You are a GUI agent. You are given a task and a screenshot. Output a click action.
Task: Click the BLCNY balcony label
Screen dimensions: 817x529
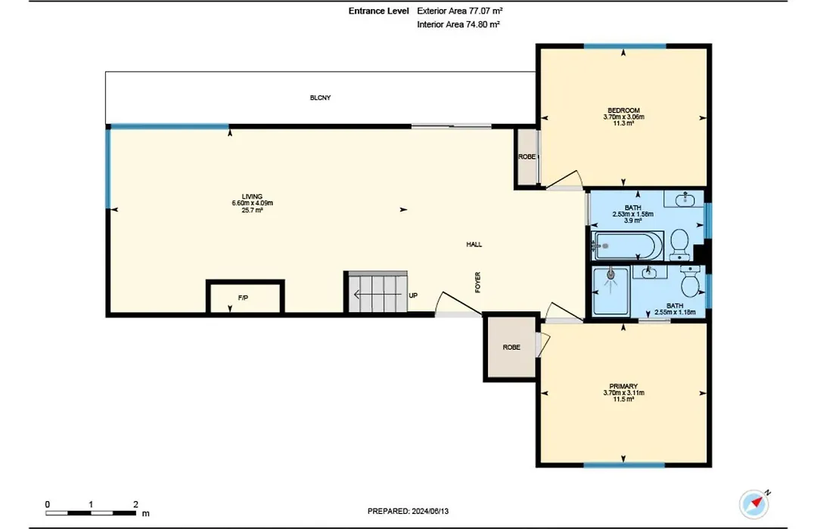coord(320,97)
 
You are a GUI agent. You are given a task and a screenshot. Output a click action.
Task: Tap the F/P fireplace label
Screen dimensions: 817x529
coord(243,298)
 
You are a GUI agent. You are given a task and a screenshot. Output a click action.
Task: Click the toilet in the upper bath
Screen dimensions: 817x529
coord(679,244)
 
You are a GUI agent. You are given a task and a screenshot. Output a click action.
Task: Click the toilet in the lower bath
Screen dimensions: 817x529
coord(691,281)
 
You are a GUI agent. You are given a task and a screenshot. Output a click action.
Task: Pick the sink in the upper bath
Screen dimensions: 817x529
coord(684,199)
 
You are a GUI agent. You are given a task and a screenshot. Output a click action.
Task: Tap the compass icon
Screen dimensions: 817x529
coord(754,503)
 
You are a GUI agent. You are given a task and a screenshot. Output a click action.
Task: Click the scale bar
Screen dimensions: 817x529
coord(91,513)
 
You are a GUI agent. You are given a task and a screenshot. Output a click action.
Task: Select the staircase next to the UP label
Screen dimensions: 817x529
coord(376,292)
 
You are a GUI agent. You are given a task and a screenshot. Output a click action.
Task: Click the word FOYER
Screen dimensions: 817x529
coord(478,282)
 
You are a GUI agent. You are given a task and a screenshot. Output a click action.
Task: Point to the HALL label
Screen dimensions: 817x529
coord(474,244)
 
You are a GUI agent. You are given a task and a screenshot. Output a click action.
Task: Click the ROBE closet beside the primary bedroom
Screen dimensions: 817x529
coord(511,347)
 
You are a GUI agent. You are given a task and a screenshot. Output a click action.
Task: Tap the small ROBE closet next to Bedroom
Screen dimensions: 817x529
coord(527,156)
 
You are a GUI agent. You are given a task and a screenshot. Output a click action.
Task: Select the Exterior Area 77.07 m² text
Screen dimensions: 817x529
coord(460,11)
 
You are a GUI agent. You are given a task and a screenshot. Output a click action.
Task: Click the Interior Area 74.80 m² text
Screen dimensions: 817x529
coord(458,24)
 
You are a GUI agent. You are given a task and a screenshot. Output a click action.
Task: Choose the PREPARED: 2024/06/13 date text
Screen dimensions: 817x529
coord(408,512)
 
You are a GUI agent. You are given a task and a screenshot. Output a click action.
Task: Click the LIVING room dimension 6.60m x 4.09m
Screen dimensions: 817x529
coord(252,203)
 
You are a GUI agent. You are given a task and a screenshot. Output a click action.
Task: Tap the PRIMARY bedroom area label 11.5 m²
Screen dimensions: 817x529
coord(623,399)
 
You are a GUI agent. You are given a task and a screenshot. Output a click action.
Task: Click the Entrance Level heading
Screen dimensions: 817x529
coord(379,11)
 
